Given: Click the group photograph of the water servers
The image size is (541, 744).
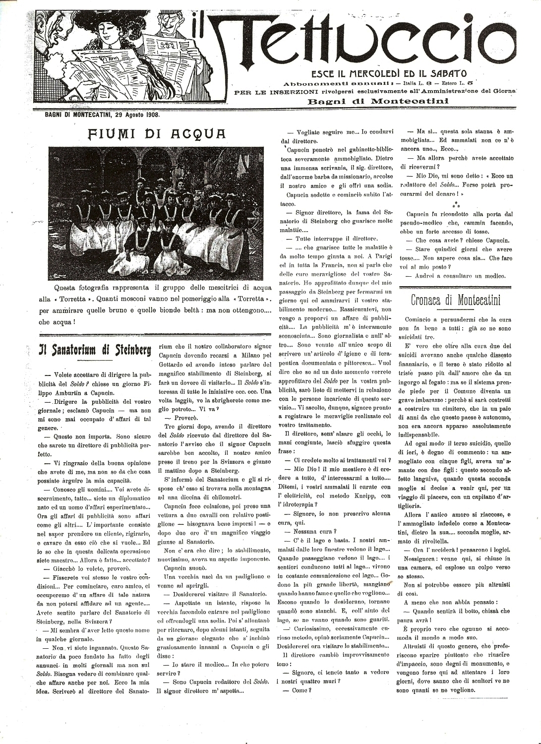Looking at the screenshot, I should tap(157, 213).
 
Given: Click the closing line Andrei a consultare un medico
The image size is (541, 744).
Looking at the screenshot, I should tap(456, 276).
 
